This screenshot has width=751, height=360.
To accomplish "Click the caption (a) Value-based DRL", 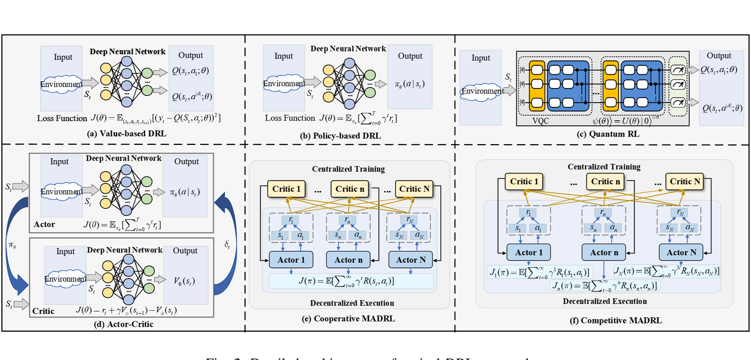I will [x=126, y=134].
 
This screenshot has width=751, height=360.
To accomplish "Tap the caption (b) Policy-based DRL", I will [x=340, y=136].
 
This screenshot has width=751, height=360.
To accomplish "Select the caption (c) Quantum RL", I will [x=608, y=134].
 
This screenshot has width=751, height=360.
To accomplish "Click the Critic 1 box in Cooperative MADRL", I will [x=287, y=189].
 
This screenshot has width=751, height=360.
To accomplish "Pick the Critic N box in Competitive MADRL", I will [x=684, y=182].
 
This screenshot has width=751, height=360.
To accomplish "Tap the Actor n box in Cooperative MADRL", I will [x=348, y=260].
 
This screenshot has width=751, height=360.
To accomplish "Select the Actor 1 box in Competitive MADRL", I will [x=528, y=253].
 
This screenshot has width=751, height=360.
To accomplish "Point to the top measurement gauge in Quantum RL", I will [x=678, y=70].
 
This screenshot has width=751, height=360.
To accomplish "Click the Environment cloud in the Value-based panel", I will [x=61, y=84].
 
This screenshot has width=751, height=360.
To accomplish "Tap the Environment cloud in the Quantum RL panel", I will [x=482, y=91].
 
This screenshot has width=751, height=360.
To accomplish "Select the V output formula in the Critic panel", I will [x=184, y=281].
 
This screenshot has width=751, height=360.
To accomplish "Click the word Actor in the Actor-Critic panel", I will [x=44, y=224].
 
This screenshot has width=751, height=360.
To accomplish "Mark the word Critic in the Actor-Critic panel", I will [x=43, y=311].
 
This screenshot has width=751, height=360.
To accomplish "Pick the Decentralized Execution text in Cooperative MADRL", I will [x=352, y=303].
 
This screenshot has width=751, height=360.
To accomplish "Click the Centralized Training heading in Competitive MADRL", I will [x=604, y=167].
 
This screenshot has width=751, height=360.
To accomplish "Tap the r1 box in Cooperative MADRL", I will [x=291, y=220].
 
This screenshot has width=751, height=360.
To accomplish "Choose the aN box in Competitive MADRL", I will [x=689, y=228].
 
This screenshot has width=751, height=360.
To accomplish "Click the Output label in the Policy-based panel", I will [x=410, y=56].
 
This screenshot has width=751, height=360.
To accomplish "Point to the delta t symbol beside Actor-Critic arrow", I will [x=227, y=244].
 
